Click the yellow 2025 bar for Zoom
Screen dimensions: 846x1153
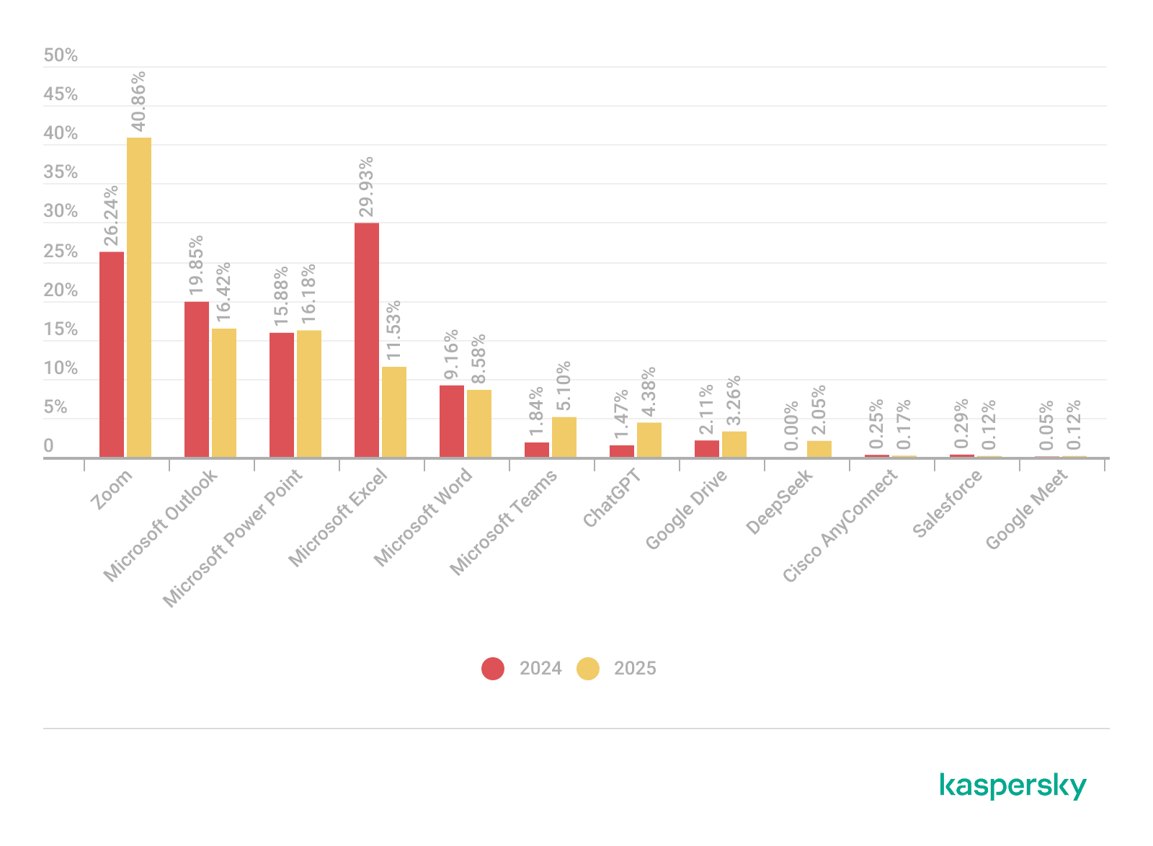(139, 297)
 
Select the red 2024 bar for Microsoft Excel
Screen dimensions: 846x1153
(367, 339)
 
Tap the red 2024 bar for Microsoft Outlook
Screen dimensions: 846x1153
(197, 379)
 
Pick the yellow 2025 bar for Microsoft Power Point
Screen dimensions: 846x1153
(309, 393)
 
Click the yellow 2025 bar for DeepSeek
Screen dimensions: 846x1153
(819, 449)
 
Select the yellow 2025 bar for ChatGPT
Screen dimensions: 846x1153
(649, 440)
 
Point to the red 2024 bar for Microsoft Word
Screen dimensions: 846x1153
(452, 421)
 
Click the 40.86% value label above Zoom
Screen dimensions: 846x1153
(138, 102)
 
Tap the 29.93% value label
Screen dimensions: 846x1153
(366, 187)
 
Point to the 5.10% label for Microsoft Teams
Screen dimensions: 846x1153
(563, 387)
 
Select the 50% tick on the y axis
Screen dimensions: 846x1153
(61, 55)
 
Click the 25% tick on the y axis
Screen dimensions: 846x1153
(61, 251)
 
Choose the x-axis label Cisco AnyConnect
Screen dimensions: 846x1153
(840, 526)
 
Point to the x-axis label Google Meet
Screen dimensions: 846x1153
(1026, 510)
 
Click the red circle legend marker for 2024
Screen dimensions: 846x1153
(493, 669)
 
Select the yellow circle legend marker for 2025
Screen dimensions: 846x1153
(588, 669)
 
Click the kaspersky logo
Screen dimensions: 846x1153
(1012, 786)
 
